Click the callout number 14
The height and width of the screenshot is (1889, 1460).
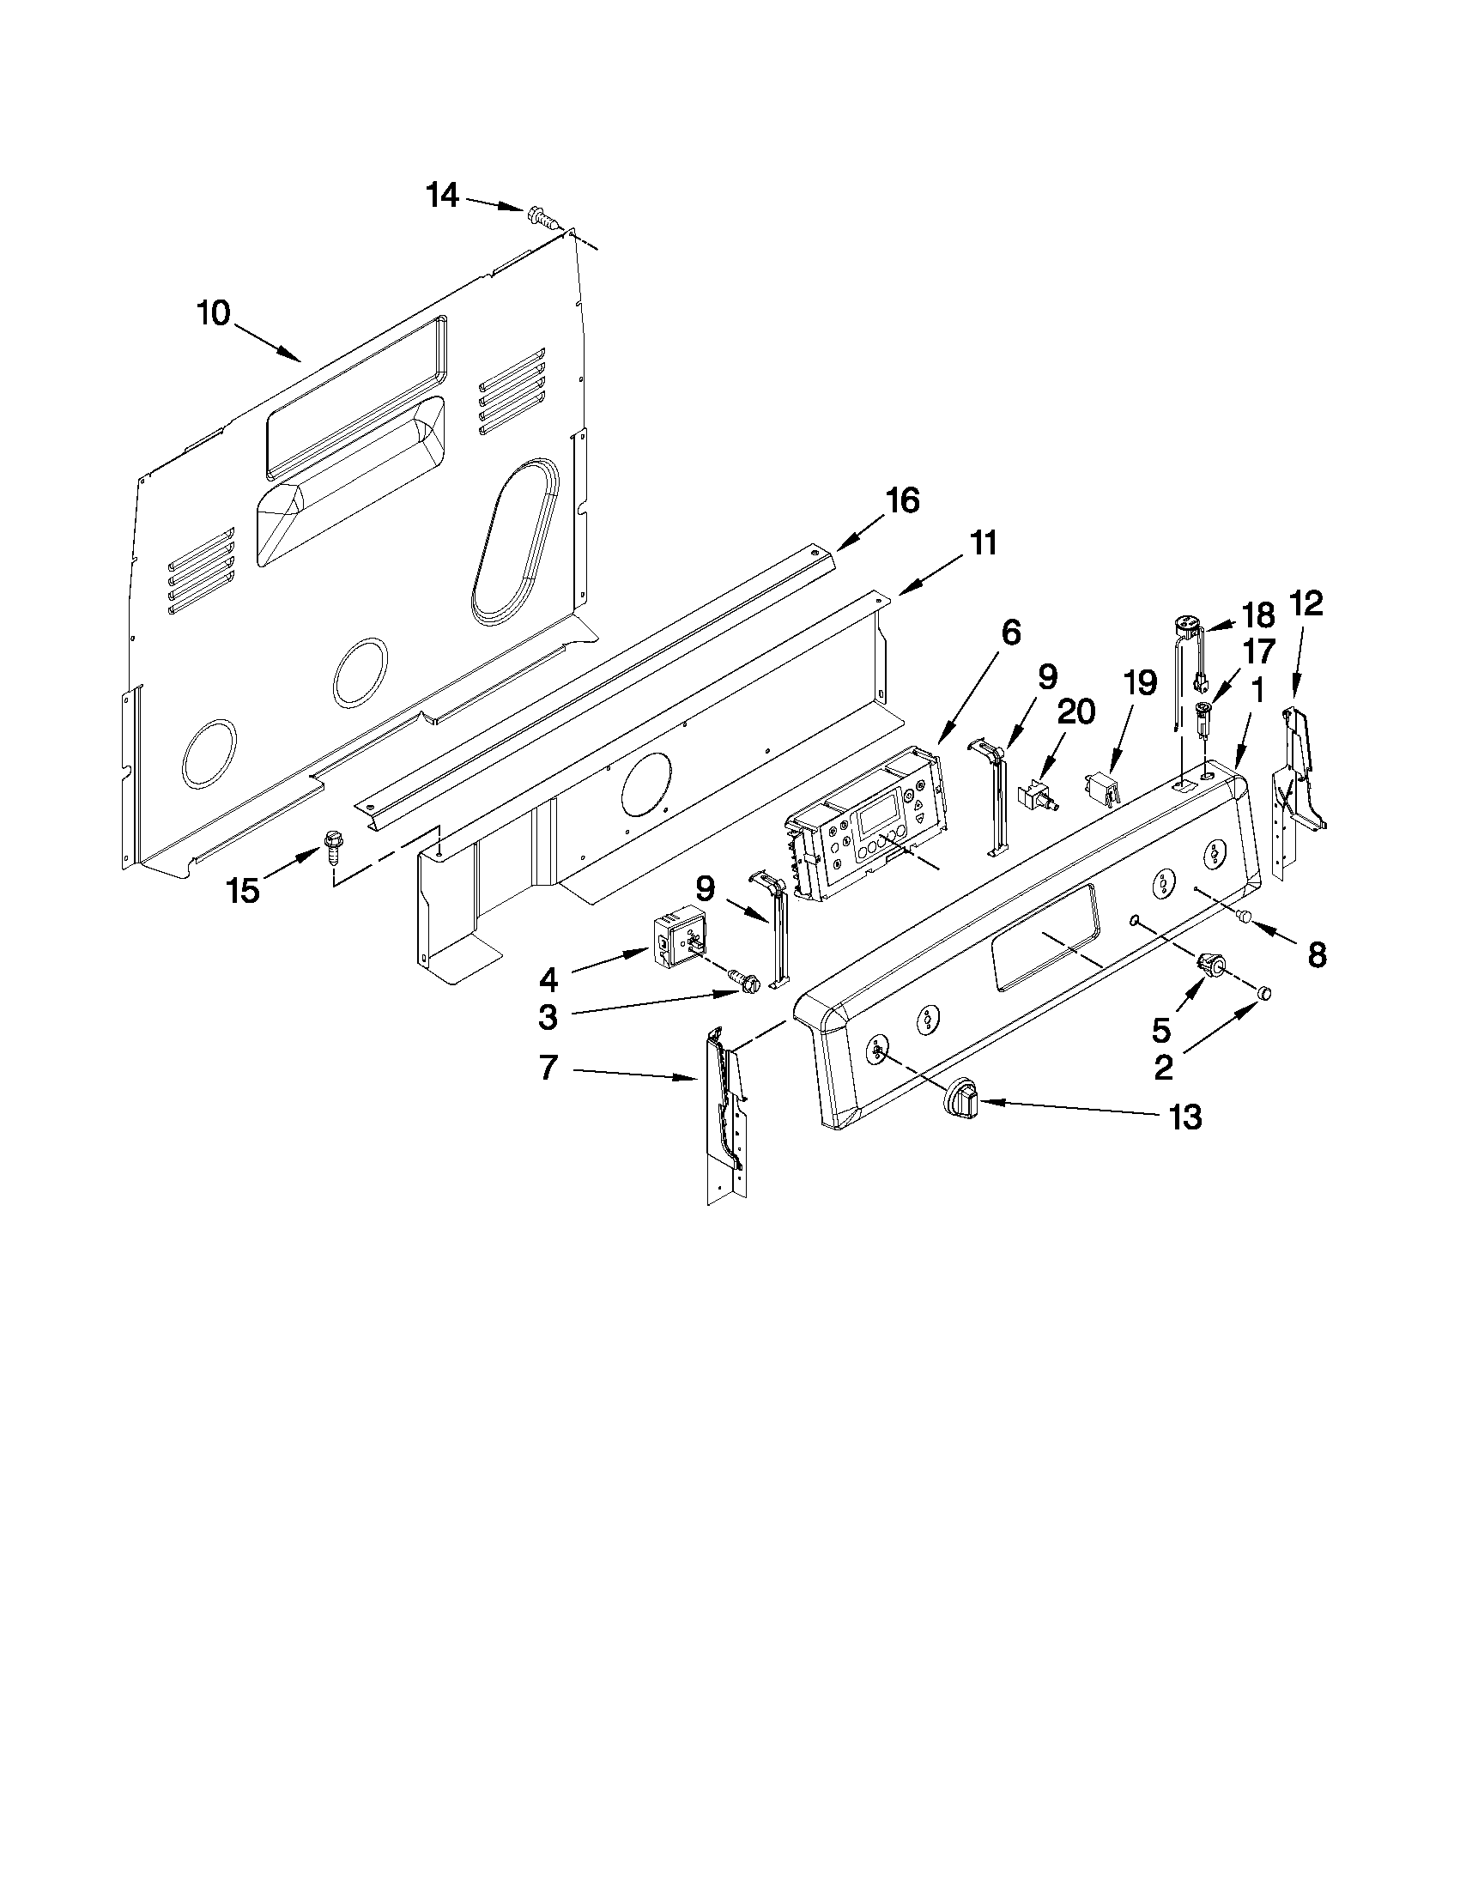coord(442,196)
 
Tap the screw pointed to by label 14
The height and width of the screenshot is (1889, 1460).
coord(537,215)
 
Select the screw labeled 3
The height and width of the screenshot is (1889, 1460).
coord(745,980)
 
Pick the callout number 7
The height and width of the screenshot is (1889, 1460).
coord(548,1069)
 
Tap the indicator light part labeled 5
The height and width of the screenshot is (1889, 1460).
coord(1206,963)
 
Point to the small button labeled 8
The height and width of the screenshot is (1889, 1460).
coord(1246,916)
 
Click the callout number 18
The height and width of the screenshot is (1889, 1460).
coord(1258,615)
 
